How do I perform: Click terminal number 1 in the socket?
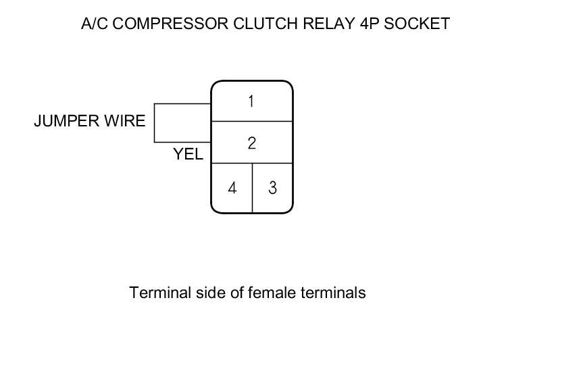click(251, 101)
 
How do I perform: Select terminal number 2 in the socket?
click(251, 143)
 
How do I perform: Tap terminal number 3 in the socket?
click(272, 188)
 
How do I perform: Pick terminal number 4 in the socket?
click(232, 188)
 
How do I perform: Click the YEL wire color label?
click(188, 154)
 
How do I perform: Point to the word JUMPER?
click(66, 122)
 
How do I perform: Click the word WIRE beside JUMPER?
click(124, 122)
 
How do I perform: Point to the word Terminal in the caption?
click(157, 293)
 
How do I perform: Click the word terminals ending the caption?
click(334, 293)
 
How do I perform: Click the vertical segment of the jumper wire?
click(155, 123)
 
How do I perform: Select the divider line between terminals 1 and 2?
click(252, 122)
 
